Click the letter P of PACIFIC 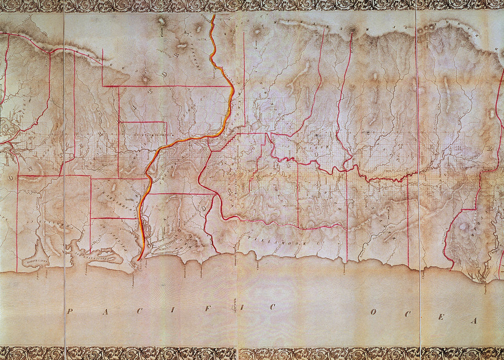69,311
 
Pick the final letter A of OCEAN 474,321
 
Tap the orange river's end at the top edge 213,16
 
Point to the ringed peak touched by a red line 352,31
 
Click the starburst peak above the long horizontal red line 146,79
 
